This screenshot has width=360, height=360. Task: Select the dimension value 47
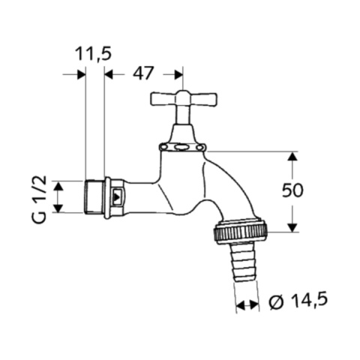point(142,73)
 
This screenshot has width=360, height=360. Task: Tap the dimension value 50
point(292,190)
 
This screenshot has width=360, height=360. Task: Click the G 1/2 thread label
point(41,196)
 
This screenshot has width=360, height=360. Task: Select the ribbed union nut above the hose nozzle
point(240,232)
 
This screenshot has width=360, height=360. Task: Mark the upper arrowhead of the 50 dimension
point(292,156)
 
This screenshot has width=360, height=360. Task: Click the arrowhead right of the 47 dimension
point(178,73)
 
